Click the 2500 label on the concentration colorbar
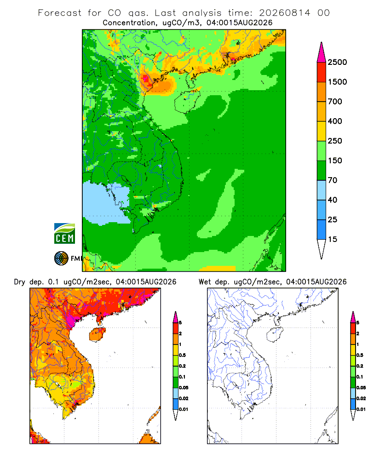coord(337,62)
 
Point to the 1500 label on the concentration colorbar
coord(337,82)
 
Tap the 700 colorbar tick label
coord(335,102)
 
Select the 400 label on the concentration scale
coord(335,121)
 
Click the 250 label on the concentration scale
coord(335,141)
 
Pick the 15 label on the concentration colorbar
coord(333,239)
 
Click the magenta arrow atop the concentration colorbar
coord(322,52)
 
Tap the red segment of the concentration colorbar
coord(322,72)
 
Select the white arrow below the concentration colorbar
coord(322,249)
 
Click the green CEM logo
coord(64,234)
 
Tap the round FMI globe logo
coord(61,259)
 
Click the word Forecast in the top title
coord(60,13)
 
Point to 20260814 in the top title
coord(284,13)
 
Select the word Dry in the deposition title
coord(20,282)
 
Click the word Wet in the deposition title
coord(205,282)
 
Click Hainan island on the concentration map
coord(187,101)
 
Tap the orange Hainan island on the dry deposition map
coord(97,334)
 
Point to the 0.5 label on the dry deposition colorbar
coord(182,355)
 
